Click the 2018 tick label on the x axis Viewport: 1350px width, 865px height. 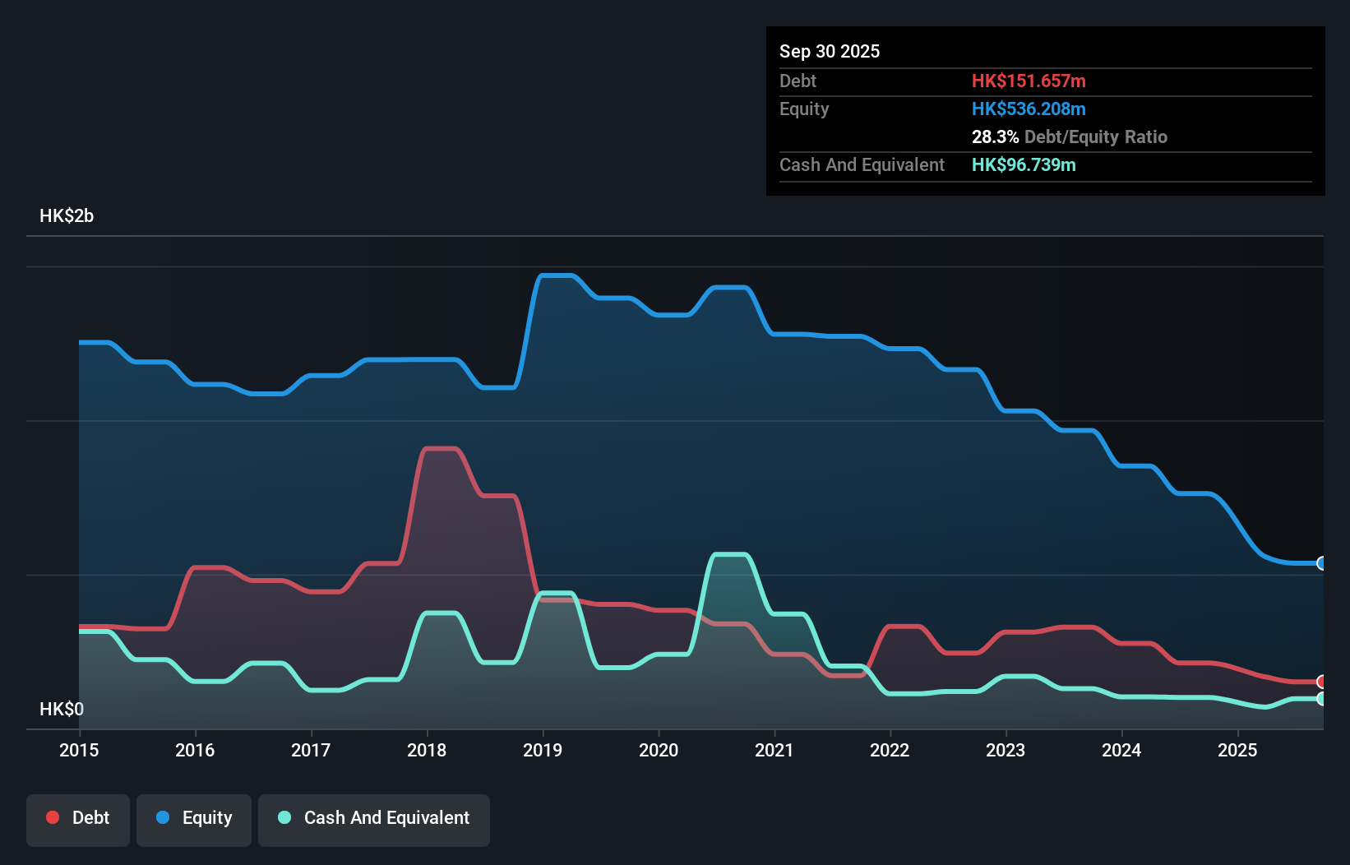[427, 750]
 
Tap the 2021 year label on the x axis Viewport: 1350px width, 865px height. [774, 750]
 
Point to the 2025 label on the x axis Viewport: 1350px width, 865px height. [1237, 750]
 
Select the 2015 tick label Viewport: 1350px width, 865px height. [79, 750]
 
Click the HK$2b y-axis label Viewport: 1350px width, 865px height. [67, 216]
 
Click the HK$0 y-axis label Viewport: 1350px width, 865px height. [62, 709]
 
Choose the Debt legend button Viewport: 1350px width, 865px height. [78, 818]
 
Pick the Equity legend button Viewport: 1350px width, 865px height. [194, 818]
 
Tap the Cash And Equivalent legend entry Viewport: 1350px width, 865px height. [374, 818]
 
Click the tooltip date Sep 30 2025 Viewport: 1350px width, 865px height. [829, 51]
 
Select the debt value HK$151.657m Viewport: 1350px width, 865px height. [1029, 81]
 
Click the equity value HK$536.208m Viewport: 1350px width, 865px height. [1029, 109]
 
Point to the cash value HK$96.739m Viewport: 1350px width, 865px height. [1024, 164]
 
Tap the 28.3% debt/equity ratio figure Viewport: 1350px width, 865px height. [995, 136]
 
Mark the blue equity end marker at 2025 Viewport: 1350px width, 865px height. [1321, 563]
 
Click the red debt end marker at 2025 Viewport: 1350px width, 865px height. [1321, 682]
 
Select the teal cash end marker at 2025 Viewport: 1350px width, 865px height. [1321, 699]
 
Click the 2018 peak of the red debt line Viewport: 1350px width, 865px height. [441, 449]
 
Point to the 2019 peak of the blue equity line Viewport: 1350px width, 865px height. [557, 275]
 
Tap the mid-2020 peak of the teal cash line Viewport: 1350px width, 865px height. [730, 555]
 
